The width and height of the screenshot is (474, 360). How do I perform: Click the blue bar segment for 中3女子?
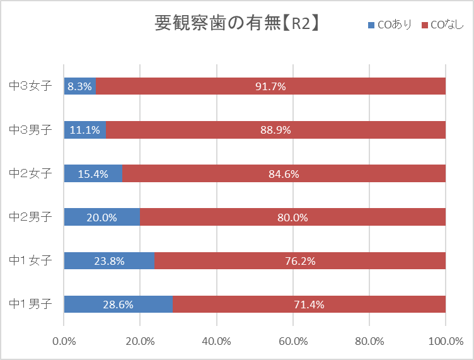tap(80, 86)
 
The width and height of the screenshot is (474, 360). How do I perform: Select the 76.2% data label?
tap(300, 260)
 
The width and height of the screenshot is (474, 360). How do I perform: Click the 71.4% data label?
tap(309, 304)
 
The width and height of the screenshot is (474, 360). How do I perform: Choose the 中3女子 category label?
tap(30, 86)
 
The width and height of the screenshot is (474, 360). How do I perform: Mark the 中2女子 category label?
tap(30, 173)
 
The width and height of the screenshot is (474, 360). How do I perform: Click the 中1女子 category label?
tap(30, 260)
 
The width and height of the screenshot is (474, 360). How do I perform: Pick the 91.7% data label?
tap(270, 86)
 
